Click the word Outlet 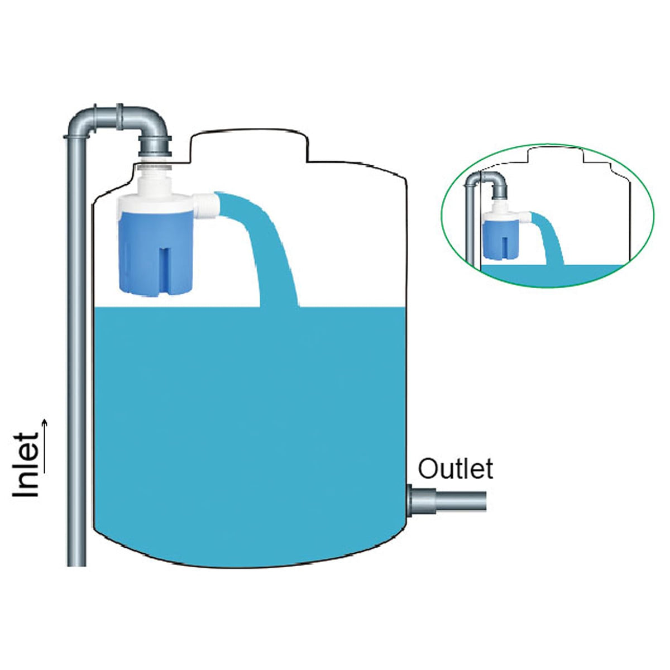click(456, 468)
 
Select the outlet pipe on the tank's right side click(447, 501)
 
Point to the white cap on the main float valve click(155, 203)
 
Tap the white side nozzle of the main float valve click(206, 206)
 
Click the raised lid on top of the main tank click(249, 146)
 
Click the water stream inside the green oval click(549, 236)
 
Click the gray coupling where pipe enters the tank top click(155, 146)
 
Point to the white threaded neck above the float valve click(154, 167)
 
